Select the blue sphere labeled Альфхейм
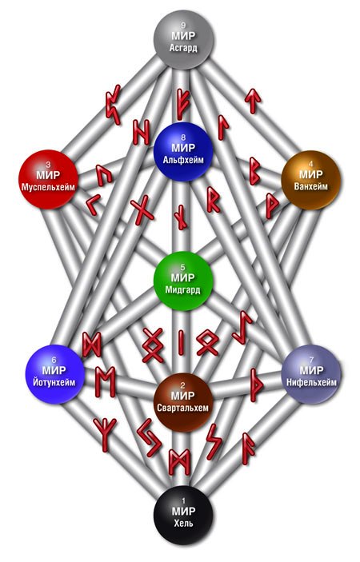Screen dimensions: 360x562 [x=183, y=152]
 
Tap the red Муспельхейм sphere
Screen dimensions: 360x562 [x=48, y=179]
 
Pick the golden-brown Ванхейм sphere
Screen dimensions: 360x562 [x=310, y=179]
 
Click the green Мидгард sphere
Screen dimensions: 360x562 [x=183, y=281]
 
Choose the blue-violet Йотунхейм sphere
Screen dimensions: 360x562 [x=54, y=374]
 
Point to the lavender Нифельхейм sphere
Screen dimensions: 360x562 [x=311, y=374]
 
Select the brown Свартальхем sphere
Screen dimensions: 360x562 [x=183, y=402]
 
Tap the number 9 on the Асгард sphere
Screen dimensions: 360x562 [x=183, y=25]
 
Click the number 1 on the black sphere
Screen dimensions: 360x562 [x=183, y=500]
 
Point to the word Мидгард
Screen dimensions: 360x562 [x=183, y=289]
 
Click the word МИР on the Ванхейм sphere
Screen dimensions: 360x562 [x=311, y=175]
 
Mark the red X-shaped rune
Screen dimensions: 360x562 [x=142, y=210]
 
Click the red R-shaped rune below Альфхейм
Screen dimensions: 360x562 [x=214, y=199]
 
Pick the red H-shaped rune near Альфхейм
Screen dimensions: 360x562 [x=141, y=132]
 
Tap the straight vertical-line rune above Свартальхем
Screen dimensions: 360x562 [x=182, y=341]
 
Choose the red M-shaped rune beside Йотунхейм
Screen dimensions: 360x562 [x=105, y=381]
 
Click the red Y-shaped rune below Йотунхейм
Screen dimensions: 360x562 [x=105, y=434]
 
